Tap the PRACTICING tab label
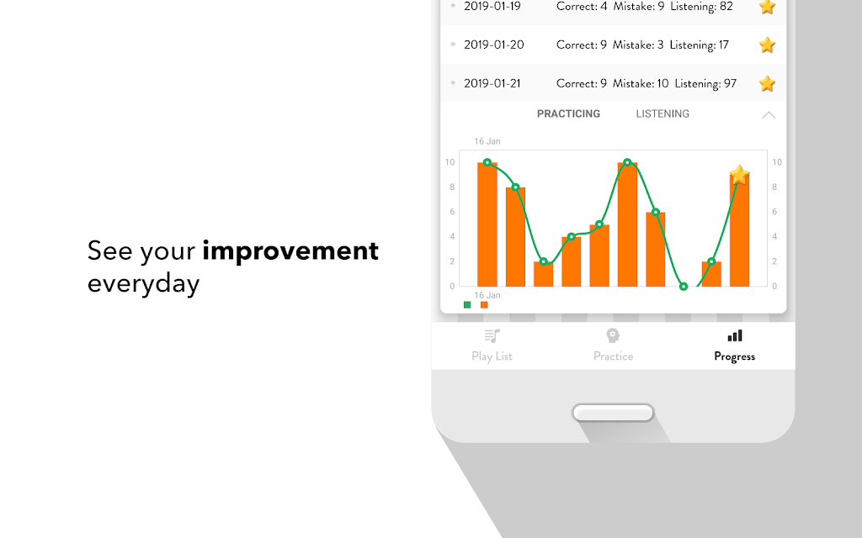tap(568, 113)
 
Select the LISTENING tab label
tap(662, 113)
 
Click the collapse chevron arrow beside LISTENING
tap(769, 114)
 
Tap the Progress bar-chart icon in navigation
tap(735, 335)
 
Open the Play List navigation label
tap(492, 356)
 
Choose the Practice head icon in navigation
tap(613, 335)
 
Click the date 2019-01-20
tap(493, 45)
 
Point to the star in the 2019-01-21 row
tap(767, 83)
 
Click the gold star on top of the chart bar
tap(739, 175)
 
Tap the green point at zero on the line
tap(684, 287)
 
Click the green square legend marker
tap(467, 304)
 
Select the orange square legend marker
tap(484, 304)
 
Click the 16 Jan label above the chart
tap(487, 141)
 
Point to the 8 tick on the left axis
tap(452, 187)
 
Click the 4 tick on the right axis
tap(774, 236)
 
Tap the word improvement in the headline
tap(290, 251)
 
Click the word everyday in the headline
tap(143, 284)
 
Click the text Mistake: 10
tap(641, 83)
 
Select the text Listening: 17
tap(700, 45)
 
